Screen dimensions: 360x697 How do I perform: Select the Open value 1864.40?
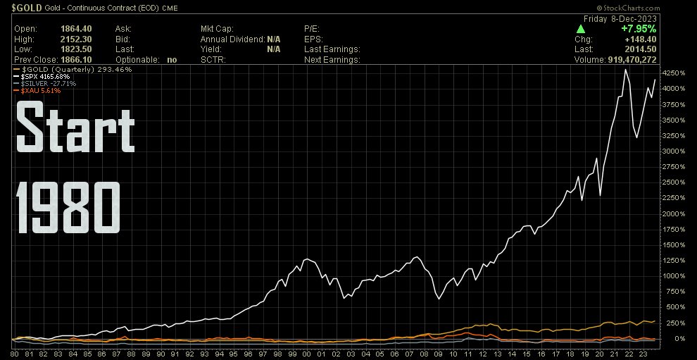point(75,29)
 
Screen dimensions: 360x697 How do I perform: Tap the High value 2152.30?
point(75,39)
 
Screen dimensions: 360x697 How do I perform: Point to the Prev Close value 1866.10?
point(75,60)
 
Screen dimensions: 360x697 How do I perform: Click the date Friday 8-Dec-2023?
point(617,18)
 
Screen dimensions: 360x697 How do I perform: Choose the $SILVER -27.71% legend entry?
point(46,84)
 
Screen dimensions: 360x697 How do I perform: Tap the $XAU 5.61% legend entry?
point(40,91)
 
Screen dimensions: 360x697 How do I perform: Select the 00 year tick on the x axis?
point(306,353)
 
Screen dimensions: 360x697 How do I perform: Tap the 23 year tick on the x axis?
point(641,353)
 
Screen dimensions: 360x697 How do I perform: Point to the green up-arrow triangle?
point(580,29)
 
